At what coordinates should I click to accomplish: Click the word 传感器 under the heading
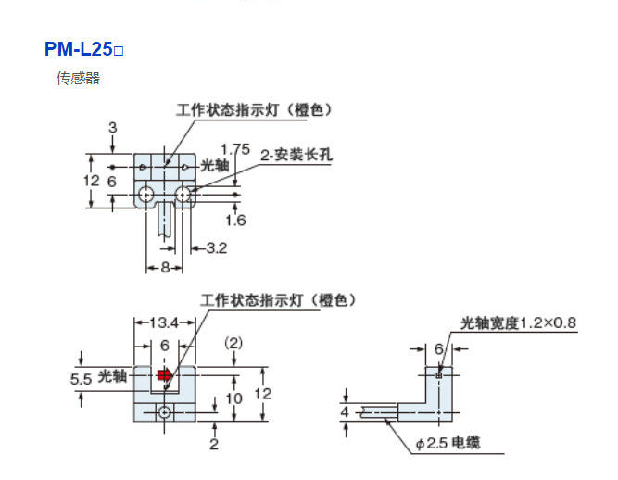78,79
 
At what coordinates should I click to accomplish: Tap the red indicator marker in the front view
164,375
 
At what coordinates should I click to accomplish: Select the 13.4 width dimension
163,322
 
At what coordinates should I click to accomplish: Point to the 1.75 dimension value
236,148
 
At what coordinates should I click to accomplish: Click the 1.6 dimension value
235,220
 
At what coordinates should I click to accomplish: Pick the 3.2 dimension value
216,248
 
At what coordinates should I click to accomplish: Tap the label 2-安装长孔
296,154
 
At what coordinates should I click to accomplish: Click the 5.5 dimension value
81,380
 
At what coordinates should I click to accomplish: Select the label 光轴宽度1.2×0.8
519,322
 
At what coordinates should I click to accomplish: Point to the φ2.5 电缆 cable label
448,444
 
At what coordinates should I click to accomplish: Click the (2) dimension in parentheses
234,343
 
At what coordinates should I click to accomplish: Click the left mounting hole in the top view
146,194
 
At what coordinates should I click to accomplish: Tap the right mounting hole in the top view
184,194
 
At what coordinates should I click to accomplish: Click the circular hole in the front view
164,411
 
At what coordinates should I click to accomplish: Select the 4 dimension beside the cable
345,411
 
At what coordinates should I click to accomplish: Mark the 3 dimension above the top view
111,127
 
